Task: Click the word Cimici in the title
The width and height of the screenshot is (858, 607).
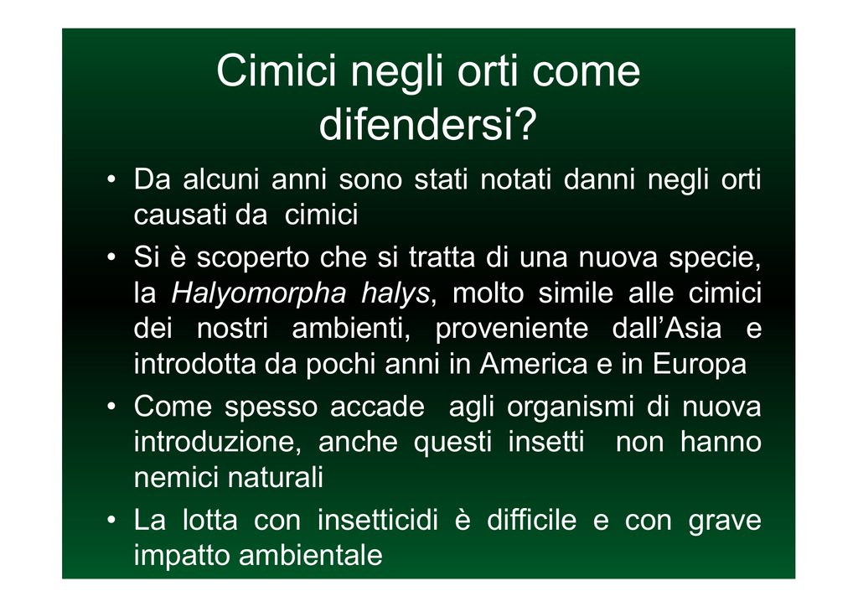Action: (276, 70)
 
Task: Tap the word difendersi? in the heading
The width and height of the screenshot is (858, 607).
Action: (428, 125)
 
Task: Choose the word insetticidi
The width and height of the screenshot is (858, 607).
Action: (378, 520)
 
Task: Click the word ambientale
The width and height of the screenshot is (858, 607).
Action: (311, 555)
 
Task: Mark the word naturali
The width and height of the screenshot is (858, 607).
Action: (275, 477)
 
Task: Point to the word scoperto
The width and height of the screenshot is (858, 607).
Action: (253, 258)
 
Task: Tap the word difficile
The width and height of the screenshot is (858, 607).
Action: (531, 520)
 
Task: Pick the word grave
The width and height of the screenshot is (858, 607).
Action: (725, 521)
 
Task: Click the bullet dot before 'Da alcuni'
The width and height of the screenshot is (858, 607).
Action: (111, 179)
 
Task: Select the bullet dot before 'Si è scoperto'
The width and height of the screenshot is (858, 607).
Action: (111, 257)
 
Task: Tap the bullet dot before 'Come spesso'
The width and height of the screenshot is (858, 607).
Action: (111, 406)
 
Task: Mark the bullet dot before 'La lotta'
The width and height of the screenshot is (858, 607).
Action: (111, 520)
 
